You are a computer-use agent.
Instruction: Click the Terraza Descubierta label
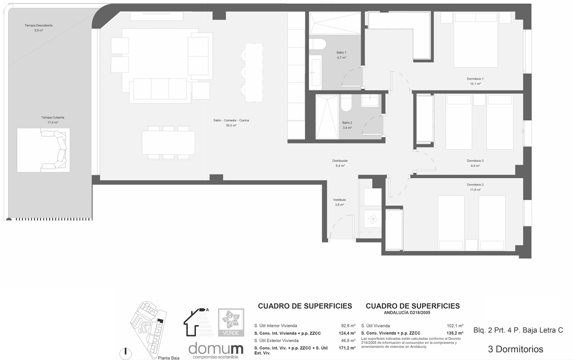coord(38,25)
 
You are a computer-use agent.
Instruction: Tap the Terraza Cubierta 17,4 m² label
coord(53,120)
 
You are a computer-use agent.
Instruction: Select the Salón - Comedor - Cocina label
coord(231,120)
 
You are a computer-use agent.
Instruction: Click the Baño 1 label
coord(341,52)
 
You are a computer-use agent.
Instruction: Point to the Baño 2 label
coord(347,123)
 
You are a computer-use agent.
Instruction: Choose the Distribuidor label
coord(340,161)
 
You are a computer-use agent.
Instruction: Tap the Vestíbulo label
coord(339,200)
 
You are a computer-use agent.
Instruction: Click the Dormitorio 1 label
coord(475,79)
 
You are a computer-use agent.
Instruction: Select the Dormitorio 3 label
coord(475,161)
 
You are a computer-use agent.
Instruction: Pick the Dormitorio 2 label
coord(475,185)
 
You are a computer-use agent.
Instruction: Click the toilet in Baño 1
coord(318,44)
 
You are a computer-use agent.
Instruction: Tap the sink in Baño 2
coord(370,100)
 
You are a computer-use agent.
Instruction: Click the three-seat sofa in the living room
coord(160,91)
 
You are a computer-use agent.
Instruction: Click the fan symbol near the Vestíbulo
coord(372,219)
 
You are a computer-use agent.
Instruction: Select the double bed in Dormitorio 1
coord(476,40)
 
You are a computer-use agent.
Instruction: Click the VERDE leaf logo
coord(231,322)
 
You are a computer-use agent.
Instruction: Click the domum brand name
coord(216,348)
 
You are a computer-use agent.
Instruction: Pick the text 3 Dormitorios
coord(516,349)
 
